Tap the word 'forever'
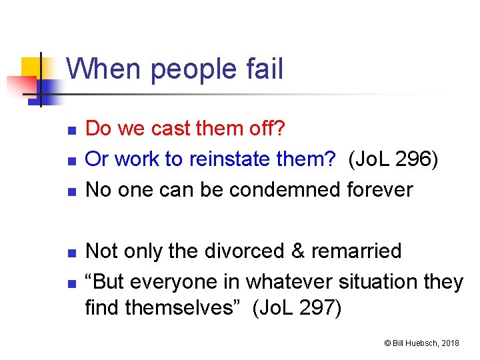380,190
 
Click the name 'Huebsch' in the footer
419,343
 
